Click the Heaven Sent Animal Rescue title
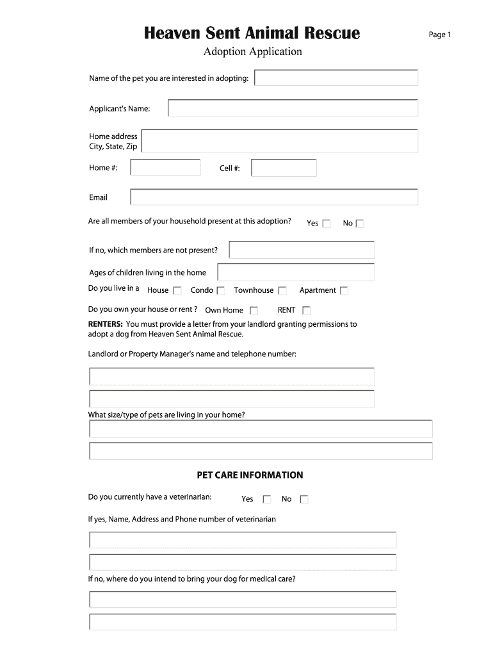[x=252, y=33]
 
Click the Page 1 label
[x=440, y=35]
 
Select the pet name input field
[x=336, y=78]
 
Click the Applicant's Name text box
[x=293, y=108]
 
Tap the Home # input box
[x=165, y=168]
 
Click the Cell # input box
[x=284, y=168]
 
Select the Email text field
[x=273, y=197]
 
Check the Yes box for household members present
[x=327, y=224]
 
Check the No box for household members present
[x=360, y=224]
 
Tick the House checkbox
[x=177, y=291]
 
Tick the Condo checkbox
[x=221, y=291]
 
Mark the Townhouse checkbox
[x=282, y=291]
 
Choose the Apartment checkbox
[x=344, y=291]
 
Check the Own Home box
[x=254, y=311]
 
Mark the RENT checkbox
[x=306, y=311]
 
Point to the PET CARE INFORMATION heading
[x=250, y=475]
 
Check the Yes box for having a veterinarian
[x=267, y=500]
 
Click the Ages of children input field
[x=296, y=272]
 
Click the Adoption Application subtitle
[x=252, y=52]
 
